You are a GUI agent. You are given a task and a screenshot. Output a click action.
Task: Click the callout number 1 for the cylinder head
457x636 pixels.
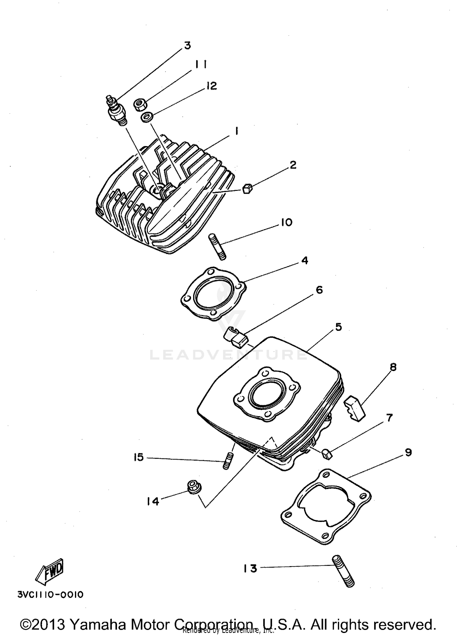pos(236,131)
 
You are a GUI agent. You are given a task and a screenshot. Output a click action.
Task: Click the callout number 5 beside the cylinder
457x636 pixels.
pos(338,327)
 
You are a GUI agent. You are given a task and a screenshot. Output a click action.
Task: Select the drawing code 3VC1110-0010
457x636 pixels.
pos(51,595)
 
